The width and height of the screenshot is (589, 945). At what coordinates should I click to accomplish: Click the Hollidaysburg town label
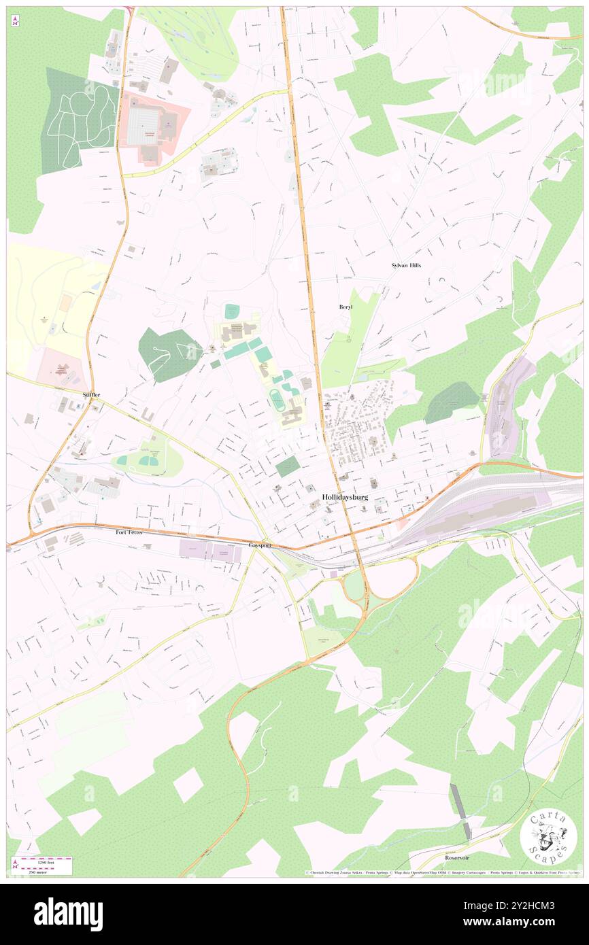point(345,497)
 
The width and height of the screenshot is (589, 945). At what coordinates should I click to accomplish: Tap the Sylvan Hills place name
point(406,265)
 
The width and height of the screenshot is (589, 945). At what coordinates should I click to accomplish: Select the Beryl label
point(346,307)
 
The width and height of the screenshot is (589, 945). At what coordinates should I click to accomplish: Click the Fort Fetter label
point(129,532)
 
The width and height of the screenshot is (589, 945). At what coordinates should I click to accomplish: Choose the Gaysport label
point(260,545)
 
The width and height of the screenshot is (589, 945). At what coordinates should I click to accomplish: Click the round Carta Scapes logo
point(548,837)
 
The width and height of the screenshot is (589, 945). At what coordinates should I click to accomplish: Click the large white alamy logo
point(68,914)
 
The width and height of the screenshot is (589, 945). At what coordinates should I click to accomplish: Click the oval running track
point(277,400)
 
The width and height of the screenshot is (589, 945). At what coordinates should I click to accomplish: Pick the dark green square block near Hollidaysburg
point(288,466)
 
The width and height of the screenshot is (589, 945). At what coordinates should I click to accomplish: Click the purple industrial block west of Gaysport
point(210,552)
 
